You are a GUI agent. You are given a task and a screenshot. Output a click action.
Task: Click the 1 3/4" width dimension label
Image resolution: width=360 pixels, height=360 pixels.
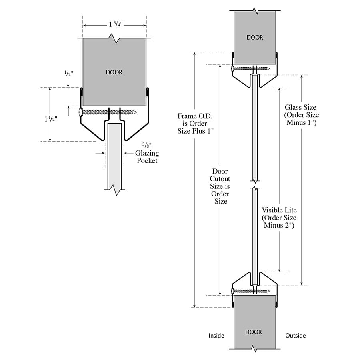115,24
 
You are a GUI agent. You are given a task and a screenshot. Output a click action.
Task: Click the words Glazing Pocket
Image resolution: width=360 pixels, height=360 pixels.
147,157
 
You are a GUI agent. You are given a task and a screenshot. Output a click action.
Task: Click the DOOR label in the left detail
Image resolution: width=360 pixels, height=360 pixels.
114,72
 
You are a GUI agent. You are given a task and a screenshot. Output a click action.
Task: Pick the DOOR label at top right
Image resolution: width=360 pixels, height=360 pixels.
255,38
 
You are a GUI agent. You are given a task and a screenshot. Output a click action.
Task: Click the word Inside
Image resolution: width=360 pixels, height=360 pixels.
216,336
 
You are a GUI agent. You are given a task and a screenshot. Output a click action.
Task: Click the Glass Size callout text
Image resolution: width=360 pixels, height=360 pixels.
300,115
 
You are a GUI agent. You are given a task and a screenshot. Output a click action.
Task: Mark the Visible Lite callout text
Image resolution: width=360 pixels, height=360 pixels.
279,218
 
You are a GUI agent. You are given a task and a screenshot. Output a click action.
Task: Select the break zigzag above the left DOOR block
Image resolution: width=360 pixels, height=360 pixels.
115,39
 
